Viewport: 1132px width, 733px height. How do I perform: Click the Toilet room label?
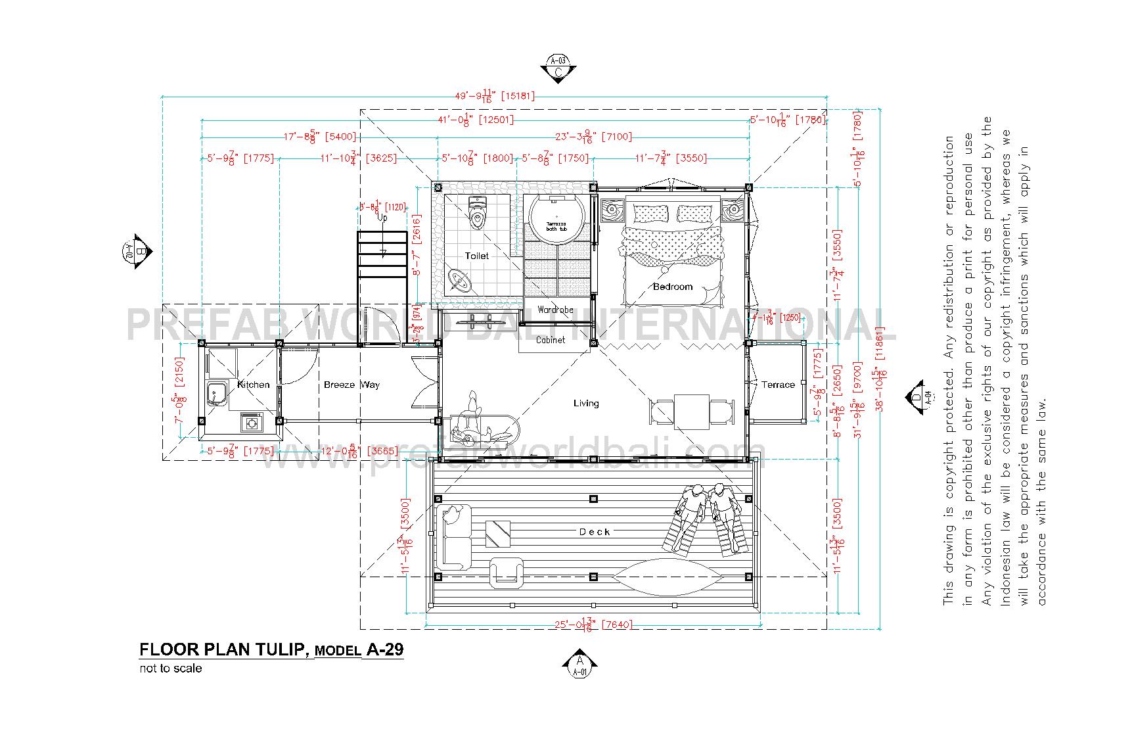477,256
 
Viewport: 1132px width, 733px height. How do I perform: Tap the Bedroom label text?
673,287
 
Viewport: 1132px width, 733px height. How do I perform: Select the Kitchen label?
254,385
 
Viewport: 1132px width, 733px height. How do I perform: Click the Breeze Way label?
351,385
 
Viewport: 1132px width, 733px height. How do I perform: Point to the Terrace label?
778,385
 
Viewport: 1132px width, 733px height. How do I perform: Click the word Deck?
595,532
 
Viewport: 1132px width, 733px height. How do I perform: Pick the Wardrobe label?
555,310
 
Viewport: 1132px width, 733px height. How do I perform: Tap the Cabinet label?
551,340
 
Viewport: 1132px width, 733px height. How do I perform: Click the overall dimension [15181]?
518,96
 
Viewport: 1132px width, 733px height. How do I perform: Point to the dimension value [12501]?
496,120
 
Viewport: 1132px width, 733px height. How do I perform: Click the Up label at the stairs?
382,218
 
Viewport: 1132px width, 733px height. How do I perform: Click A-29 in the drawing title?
385,650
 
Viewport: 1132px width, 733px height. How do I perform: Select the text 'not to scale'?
170,669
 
